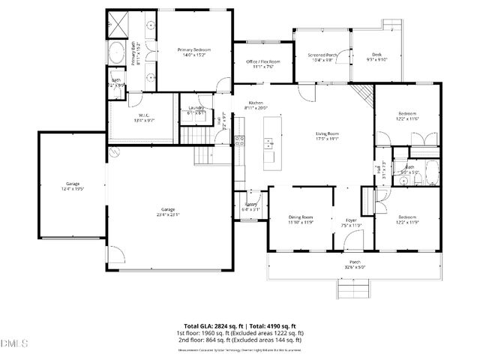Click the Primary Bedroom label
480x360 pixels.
click(193, 49)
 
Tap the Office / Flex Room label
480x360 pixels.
click(263, 61)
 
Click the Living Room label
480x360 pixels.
click(327, 133)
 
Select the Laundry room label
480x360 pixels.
click(196, 109)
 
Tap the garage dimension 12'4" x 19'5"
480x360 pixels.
click(73, 188)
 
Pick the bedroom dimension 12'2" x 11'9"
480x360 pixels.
click(407, 222)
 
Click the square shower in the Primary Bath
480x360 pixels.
click(117, 24)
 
